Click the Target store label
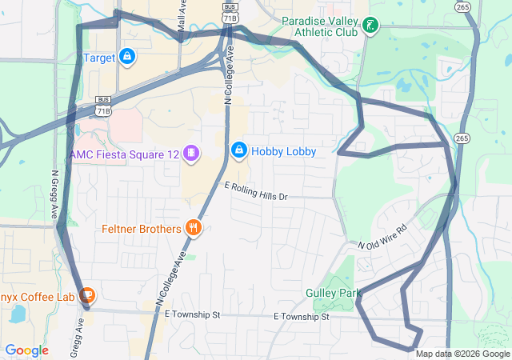(x=99, y=58)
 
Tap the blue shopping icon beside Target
(x=126, y=57)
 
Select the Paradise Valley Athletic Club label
(x=321, y=26)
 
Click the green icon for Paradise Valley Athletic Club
(x=370, y=26)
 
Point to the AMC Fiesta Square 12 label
(x=124, y=153)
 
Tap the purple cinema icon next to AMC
(x=190, y=153)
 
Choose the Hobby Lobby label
(x=284, y=151)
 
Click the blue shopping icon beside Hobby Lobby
(x=238, y=150)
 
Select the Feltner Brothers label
(x=142, y=230)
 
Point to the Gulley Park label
(x=334, y=293)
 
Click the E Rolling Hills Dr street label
(x=256, y=191)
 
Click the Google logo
(x=26, y=350)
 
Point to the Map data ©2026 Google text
(x=462, y=354)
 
